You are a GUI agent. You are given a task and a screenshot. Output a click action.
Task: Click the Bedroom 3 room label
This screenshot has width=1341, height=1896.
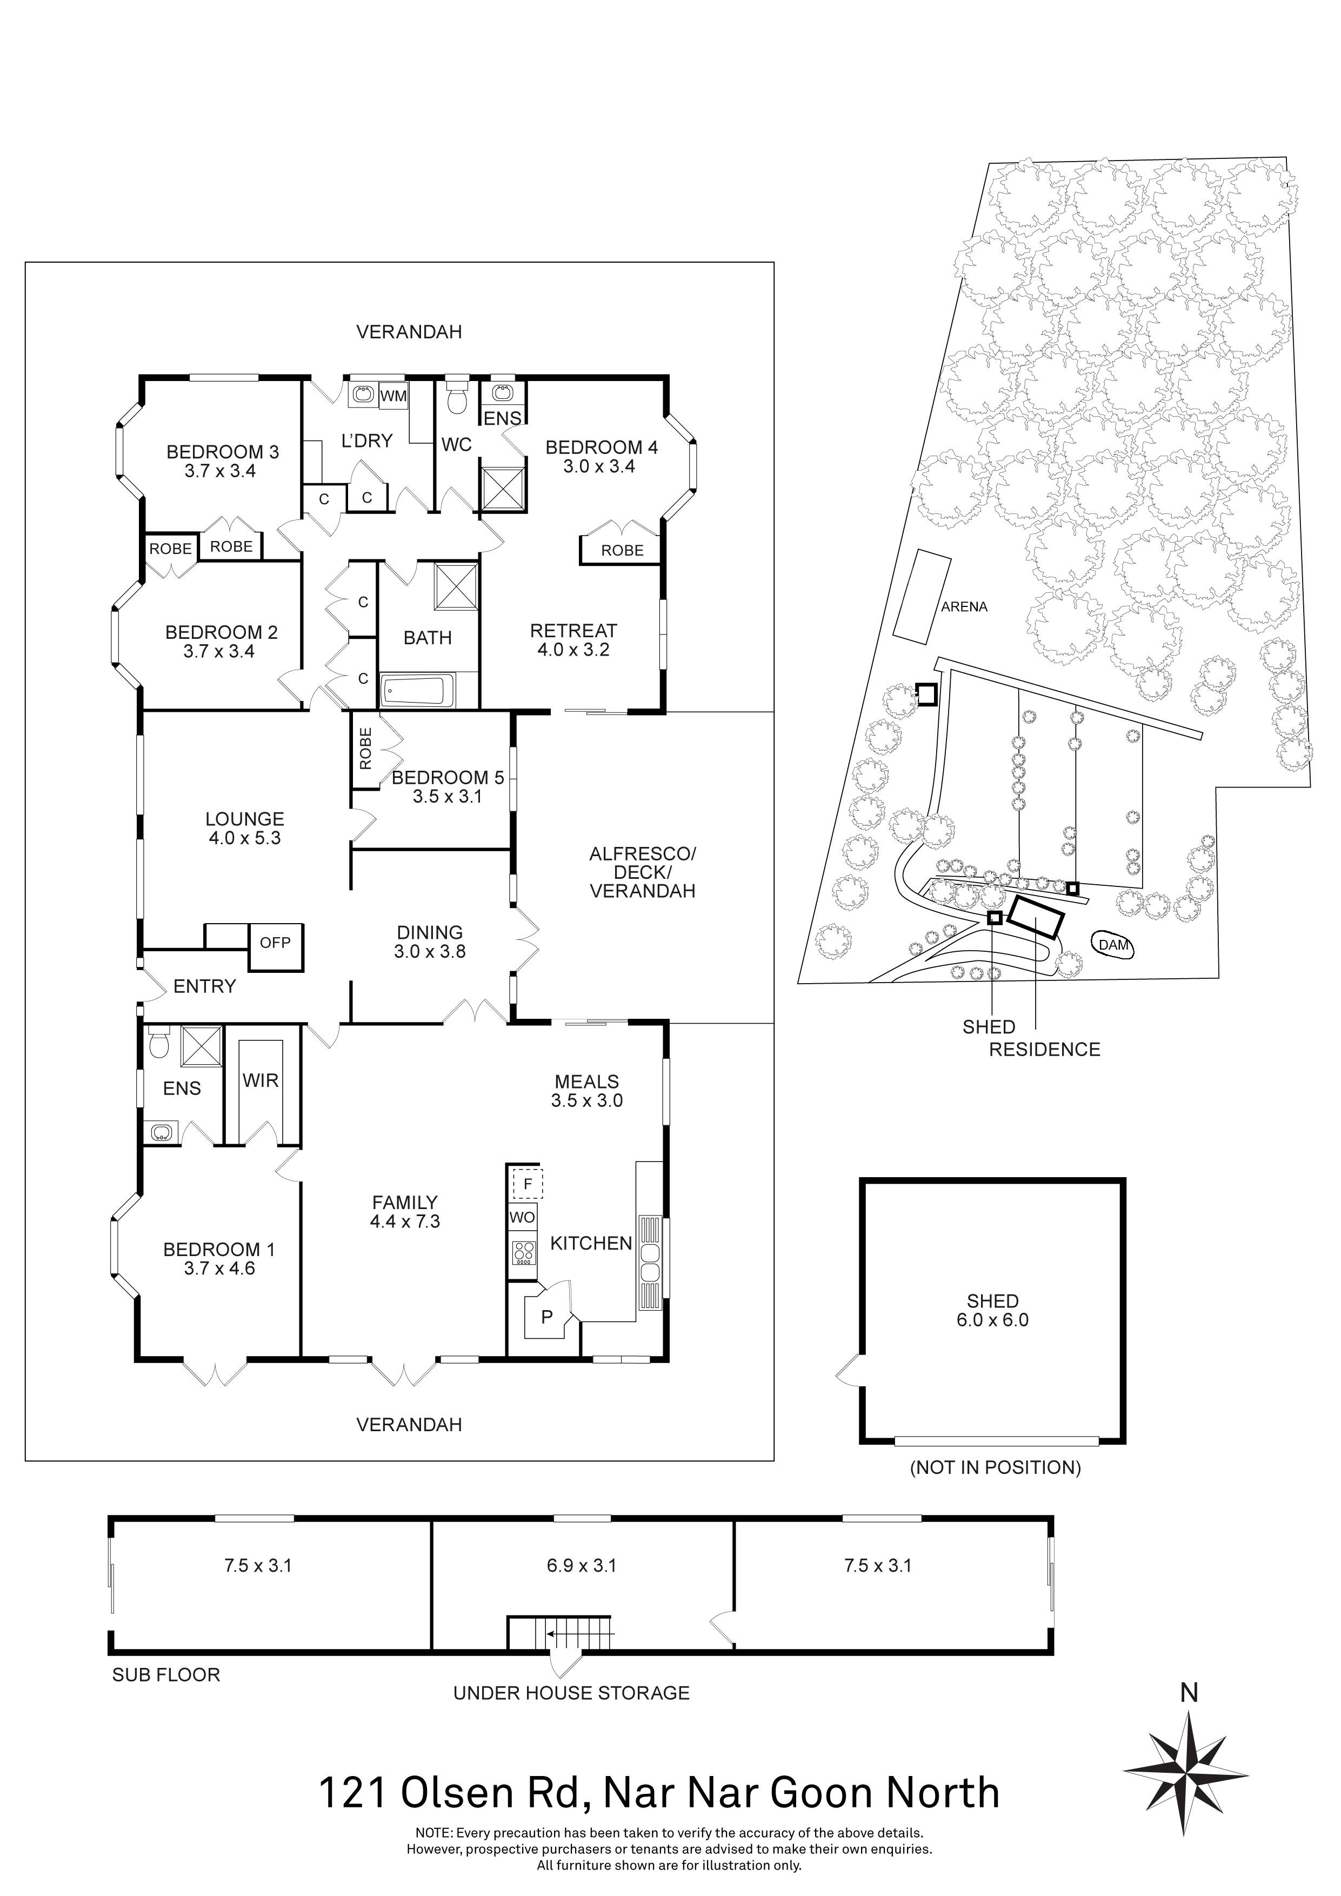(x=222, y=452)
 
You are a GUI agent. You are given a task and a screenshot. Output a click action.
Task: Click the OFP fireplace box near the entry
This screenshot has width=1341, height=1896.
(x=275, y=942)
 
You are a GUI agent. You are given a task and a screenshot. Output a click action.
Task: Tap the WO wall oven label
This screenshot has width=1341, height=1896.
(x=522, y=1217)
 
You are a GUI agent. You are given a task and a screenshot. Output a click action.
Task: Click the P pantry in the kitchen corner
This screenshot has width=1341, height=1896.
(x=546, y=1317)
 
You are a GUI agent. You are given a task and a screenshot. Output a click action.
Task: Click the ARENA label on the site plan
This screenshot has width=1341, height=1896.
(x=964, y=607)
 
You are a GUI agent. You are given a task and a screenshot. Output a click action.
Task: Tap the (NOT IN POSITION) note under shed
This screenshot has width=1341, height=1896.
(x=995, y=1467)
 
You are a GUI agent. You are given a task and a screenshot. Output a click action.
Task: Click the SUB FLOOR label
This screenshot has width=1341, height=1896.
(x=166, y=1675)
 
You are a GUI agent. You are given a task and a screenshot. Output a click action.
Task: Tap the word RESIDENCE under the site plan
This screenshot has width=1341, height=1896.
(x=1045, y=1050)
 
